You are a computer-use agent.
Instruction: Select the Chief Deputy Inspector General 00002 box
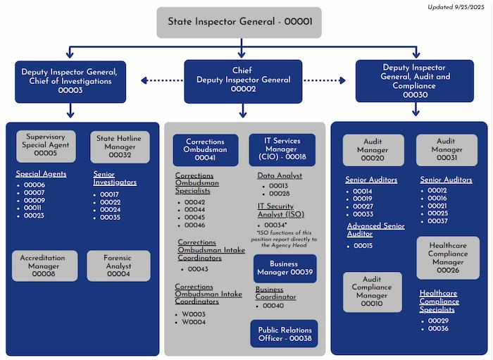242,80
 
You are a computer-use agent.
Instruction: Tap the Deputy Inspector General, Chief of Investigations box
69,81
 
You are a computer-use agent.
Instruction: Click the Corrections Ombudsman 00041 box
205,150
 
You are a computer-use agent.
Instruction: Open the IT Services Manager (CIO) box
282,149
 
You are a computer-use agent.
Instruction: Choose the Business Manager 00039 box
285,268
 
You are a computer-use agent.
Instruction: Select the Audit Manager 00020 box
373,150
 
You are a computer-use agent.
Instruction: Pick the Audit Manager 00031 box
447,150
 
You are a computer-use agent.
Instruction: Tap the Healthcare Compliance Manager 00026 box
447,257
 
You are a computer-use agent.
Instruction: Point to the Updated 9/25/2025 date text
457,7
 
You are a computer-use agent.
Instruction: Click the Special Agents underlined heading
41,173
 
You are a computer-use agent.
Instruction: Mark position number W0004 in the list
194,322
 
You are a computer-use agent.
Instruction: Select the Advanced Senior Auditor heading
375,230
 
